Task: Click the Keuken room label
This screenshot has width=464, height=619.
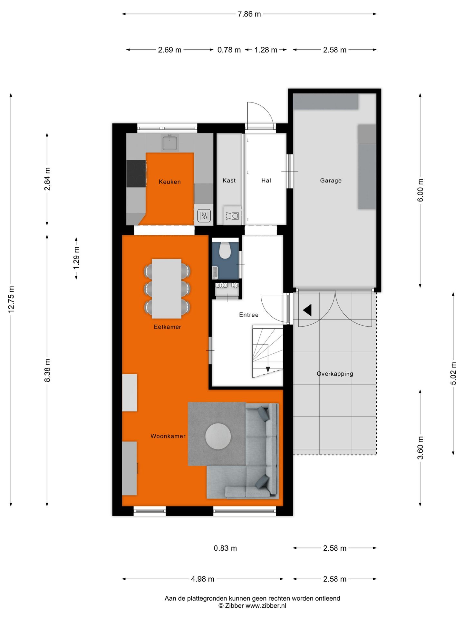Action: coord(169,182)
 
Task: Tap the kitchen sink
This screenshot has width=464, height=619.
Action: coord(170,143)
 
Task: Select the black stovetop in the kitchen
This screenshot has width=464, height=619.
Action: coord(136,174)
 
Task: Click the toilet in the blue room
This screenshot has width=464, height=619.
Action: coord(225,250)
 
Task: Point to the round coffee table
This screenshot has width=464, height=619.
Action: coord(218,436)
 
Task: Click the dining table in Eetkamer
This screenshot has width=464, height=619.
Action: coord(167,289)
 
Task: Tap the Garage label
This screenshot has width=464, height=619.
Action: coord(331,181)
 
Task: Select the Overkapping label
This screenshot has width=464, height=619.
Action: coord(335,374)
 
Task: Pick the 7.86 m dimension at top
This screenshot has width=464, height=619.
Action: coord(249,14)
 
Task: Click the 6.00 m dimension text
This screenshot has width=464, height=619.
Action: coord(420,190)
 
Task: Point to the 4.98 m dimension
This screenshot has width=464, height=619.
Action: coord(203,579)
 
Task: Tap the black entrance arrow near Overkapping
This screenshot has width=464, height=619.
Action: coord(307,310)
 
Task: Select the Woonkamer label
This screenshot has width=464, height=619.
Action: coord(168,436)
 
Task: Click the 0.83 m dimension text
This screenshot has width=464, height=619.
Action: coord(225,548)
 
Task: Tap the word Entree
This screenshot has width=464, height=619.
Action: coord(249,315)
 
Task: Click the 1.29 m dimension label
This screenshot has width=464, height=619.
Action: coord(76,258)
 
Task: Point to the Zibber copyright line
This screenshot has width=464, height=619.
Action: coord(252,606)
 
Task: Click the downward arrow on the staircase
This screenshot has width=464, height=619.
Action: coord(268,369)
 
